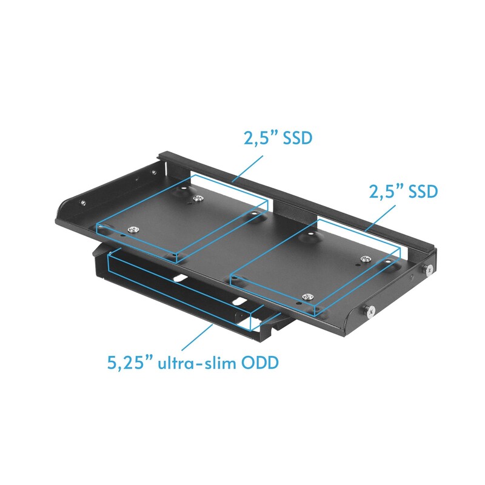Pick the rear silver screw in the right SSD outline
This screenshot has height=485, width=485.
tap(365, 259)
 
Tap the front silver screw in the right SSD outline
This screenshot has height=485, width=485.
tap(309, 296)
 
